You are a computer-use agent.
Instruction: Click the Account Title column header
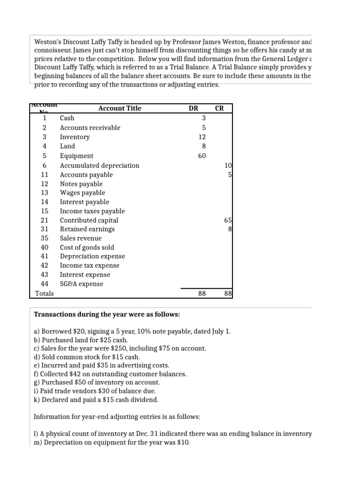point(120,108)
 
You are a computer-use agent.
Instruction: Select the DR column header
point(193,108)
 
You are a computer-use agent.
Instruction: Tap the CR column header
point(219,108)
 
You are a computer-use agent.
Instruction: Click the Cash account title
point(67,118)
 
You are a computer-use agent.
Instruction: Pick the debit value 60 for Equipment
point(202,156)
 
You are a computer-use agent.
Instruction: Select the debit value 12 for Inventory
point(202,137)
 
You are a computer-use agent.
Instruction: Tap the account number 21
point(45,220)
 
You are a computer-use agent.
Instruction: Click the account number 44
point(45,284)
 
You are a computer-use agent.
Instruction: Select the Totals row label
point(45,294)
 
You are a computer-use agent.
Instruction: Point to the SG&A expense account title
point(82,284)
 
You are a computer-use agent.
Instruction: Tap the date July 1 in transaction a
point(220,331)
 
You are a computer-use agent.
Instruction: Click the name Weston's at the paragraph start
point(48,41)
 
